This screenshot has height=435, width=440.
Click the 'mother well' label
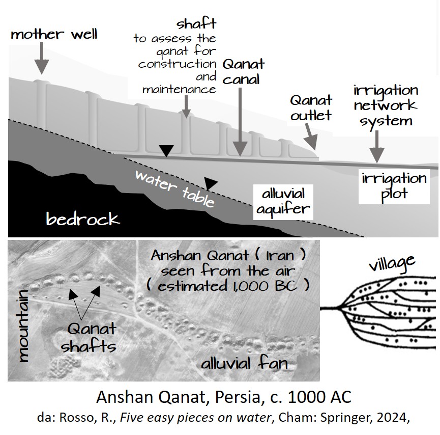[54, 35]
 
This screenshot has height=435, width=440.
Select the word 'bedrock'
[83, 219]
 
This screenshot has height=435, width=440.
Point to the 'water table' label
[174, 189]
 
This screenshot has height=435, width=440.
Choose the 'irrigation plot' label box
[394, 186]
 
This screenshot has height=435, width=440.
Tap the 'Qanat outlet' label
[311, 107]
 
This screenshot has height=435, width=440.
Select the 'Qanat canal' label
[244, 71]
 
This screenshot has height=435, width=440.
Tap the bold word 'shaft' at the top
[196, 24]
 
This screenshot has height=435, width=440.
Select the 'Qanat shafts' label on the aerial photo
[89, 338]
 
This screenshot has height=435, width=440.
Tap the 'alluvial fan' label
[244, 363]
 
